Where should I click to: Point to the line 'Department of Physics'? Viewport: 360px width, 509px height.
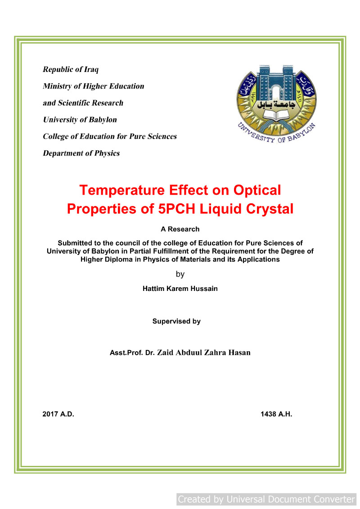(x=81, y=153)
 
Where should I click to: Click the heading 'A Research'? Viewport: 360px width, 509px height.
(x=180, y=229)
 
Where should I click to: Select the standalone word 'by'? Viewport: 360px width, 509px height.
(x=180, y=274)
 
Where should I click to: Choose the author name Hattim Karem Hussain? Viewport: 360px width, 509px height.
(x=180, y=289)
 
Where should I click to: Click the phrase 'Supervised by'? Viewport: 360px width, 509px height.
(x=176, y=321)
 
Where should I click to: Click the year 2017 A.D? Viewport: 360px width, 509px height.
(x=58, y=414)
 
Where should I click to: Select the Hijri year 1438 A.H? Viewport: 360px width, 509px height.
(x=276, y=414)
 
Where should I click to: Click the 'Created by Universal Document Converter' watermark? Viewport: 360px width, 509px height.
(x=266, y=499)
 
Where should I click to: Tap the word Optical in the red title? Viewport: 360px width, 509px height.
(x=256, y=190)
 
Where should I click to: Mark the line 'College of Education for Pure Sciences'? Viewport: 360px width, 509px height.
(x=110, y=136)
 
